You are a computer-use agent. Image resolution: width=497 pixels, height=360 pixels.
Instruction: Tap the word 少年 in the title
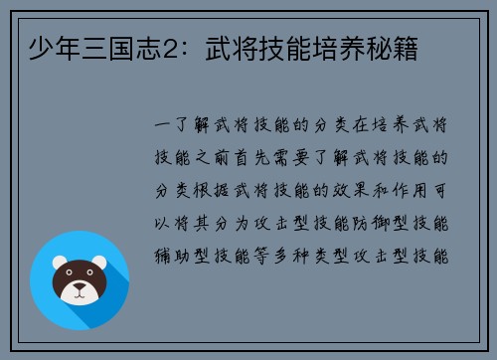(44, 47)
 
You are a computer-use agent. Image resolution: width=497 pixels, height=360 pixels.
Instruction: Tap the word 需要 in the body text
(303, 158)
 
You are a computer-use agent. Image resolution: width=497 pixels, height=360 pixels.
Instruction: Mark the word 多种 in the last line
(303, 254)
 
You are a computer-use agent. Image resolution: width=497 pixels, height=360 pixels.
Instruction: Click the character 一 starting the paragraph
(160, 126)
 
